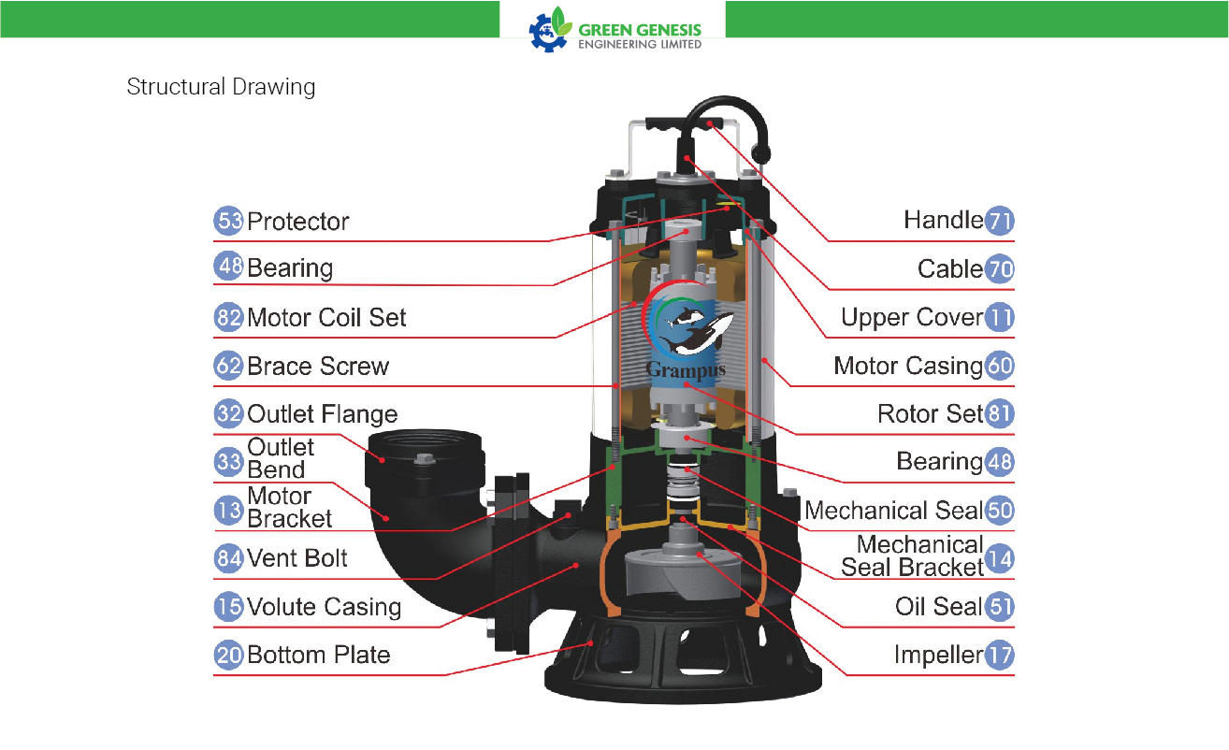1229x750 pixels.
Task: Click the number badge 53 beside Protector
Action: (228, 221)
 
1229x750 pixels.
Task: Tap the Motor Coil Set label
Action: (326, 318)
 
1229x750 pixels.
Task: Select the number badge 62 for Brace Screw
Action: (228, 366)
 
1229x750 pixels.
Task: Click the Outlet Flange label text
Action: (322, 414)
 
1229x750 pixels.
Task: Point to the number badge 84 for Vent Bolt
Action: (228, 558)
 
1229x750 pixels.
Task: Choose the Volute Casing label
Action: (324, 607)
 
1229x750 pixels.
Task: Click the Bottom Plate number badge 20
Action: (228, 656)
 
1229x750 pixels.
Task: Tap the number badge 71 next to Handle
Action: (999, 221)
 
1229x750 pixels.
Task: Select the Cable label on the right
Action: (950, 268)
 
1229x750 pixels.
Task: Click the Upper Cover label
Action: (912, 318)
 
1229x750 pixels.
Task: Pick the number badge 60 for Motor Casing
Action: (999, 366)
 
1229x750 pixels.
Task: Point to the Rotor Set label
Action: (930, 414)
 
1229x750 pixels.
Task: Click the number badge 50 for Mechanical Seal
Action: (999, 511)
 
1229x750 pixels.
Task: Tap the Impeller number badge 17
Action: (999, 656)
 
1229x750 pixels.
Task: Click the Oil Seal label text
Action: (939, 607)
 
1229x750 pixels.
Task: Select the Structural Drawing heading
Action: (221, 87)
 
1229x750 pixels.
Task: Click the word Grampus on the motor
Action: (686, 369)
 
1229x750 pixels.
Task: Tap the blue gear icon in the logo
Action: (546, 33)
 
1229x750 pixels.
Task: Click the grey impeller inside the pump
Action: (683, 573)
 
